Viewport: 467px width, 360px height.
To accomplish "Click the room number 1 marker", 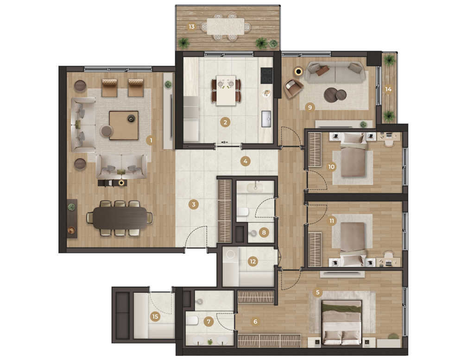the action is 151,140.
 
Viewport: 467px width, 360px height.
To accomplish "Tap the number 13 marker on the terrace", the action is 191,27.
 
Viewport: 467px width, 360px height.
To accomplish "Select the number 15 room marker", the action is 155,316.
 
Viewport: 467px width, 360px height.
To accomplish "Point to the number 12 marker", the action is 253,262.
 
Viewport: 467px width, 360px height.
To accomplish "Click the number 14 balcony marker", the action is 388,89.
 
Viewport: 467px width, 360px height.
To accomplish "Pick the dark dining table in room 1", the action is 120,218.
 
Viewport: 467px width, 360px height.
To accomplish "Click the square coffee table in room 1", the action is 124,126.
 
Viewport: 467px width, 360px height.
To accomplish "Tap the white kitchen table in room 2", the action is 226,90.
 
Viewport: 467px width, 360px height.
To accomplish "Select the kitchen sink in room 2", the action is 266,119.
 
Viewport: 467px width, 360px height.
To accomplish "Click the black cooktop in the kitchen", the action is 266,76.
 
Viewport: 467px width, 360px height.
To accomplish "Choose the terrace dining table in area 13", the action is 226,26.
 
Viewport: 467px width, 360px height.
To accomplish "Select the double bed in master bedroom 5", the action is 342,322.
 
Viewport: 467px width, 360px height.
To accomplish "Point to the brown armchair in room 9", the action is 293,88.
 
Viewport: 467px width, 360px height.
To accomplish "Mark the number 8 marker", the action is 264,232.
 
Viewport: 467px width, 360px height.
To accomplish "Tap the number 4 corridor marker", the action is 246,161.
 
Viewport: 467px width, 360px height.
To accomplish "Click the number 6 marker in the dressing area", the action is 255,322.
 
